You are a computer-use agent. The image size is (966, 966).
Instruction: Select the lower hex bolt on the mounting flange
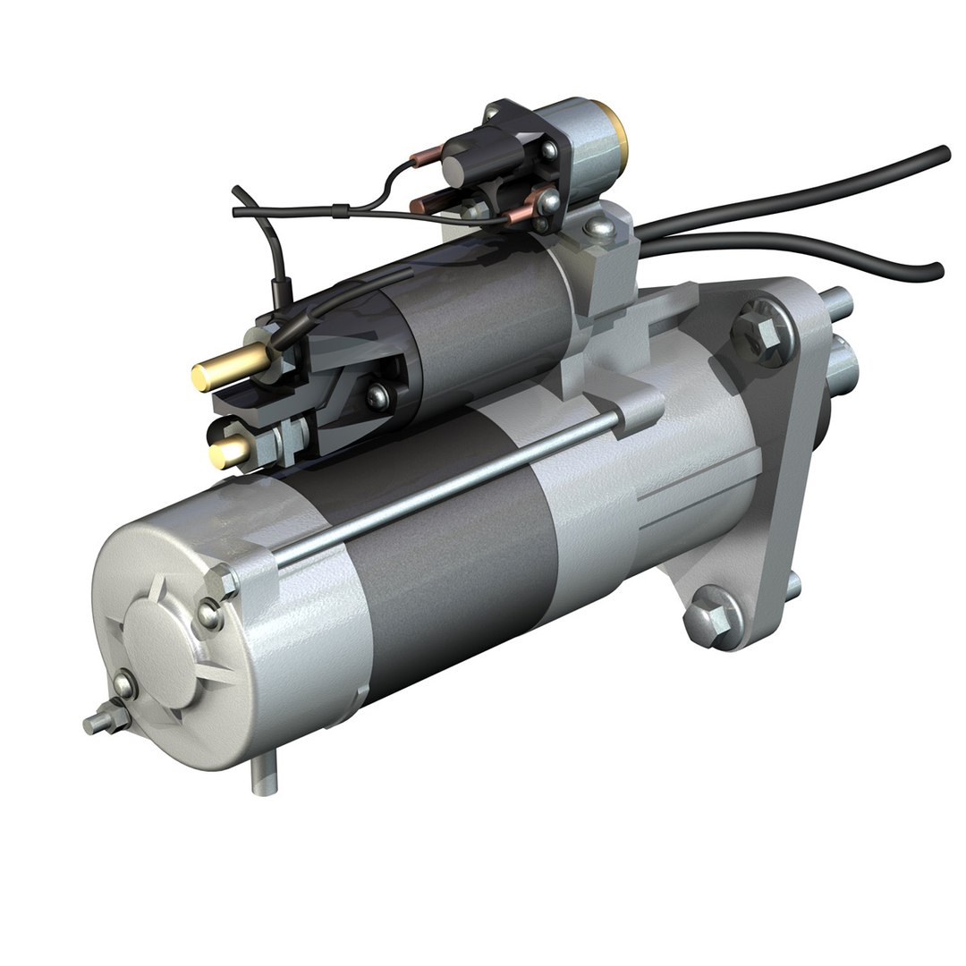(710, 616)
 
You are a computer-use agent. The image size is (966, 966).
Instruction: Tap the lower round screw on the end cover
(124, 684)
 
